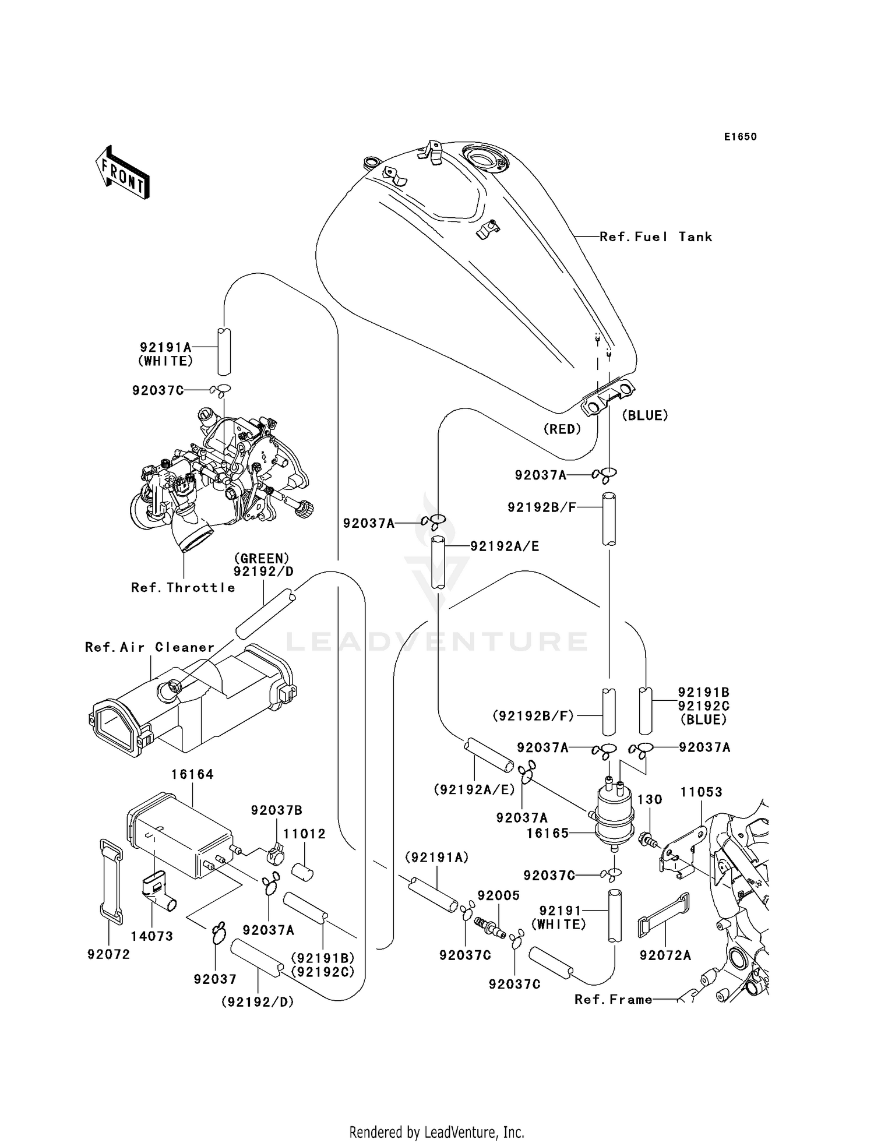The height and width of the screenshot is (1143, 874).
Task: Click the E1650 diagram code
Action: point(740,137)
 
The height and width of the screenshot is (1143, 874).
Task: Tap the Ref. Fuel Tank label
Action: point(655,237)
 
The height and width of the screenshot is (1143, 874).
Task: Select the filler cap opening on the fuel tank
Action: point(484,159)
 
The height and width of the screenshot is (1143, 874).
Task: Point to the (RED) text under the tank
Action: point(562,429)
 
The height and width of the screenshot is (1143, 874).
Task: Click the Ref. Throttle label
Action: point(183,587)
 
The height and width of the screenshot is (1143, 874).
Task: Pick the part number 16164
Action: point(192,774)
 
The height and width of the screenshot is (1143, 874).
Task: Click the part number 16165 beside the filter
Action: point(547,833)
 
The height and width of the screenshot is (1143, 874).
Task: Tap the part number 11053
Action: point(702,792)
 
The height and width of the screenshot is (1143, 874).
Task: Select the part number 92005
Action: point(498,895)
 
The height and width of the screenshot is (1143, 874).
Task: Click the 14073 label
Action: point(151,936)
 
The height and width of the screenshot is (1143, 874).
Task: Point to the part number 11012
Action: point(305,834)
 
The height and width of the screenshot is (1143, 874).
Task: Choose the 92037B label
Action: point(277,810)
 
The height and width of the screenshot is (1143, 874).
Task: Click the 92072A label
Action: point(665,955)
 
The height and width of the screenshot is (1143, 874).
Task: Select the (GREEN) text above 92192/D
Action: point(262,558)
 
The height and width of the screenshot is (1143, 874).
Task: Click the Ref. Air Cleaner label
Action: point(150,647)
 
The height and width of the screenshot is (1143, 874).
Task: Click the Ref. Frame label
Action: point(613,1000)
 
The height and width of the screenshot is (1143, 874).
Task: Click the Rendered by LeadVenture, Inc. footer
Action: point(436,1132)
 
